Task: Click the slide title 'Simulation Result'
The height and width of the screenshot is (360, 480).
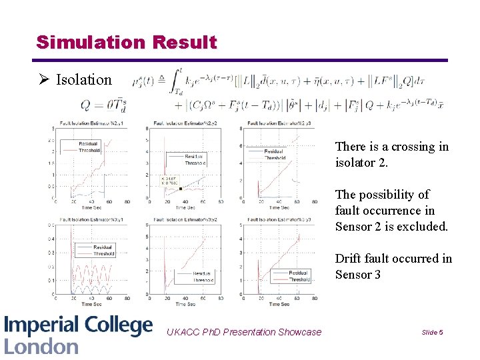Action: (x=127, y=43)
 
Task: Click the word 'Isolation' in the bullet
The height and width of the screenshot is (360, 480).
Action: (x=83, y=80)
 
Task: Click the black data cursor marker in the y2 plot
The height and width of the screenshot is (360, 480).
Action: (x=181, y=189)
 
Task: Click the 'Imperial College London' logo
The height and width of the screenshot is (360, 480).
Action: (x=78, y=335)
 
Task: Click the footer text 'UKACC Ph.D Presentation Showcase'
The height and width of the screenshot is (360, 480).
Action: (x=243, y=332)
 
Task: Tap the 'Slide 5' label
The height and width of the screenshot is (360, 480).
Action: (x=432, y=332)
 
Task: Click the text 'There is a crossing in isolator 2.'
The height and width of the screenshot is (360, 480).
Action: (x=391, y=154)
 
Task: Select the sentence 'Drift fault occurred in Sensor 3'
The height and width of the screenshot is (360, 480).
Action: (x=393, y=266)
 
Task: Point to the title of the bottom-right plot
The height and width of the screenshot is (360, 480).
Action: (x=279, y=220)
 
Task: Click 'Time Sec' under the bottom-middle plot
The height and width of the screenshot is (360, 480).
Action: (x=185, y=303)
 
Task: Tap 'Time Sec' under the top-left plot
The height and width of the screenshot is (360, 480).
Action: (x=91, y=207)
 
